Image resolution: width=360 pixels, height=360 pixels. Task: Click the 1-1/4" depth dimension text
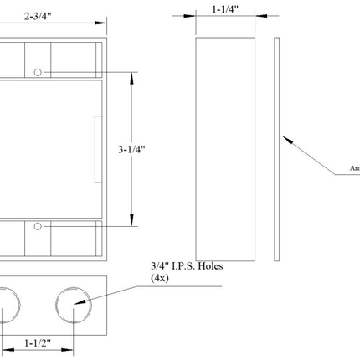tap(225, 10)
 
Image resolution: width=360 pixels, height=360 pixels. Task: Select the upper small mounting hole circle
tap(39, 73)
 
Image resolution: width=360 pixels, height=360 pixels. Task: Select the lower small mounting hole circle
tap(39, 225)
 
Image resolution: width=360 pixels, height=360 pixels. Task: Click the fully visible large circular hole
tap(75, 306)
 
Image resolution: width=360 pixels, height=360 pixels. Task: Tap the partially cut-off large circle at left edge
tap(4, 306)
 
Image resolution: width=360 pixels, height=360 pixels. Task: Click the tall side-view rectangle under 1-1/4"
tap(225, 147)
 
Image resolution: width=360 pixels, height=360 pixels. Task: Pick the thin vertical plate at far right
tap(275, 147)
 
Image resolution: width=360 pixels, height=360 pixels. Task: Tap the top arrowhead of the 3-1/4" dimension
tap(132, 76)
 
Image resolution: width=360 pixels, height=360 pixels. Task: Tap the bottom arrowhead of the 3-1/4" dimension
tap(132, 221)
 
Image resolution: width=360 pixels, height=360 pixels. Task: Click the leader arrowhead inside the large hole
tap(81, 304)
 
